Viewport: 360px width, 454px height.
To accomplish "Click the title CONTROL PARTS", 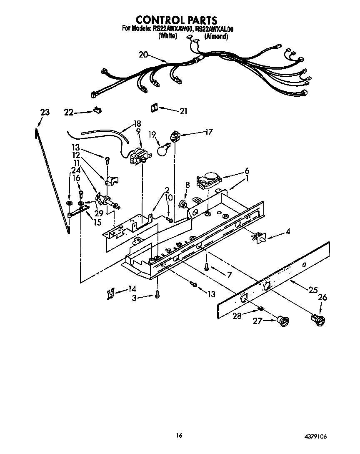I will (177, 20).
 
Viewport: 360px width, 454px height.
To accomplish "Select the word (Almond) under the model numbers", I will (216, 37).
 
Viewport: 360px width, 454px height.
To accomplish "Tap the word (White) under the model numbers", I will (168, 36).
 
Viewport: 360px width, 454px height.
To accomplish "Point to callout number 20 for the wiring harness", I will (143, 55).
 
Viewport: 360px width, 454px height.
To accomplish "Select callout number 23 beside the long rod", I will (45, 112).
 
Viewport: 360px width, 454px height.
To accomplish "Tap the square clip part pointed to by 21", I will (153, 108).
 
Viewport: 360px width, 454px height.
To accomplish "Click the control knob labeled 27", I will (284, 321).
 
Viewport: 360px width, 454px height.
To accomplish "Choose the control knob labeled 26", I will (318, 320).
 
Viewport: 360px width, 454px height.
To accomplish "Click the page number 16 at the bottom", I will (179, 436).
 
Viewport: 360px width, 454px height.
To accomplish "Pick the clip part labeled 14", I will (109, 294).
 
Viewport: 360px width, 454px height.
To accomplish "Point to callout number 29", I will (98, 213).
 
